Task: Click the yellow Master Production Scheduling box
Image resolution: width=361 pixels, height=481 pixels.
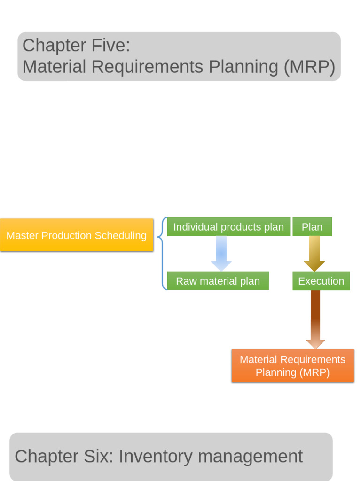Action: (x=77, y=235)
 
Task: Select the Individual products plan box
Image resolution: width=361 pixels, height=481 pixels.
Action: (x=228, y=227)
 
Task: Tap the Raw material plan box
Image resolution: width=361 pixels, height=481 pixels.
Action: (x=218, y=281)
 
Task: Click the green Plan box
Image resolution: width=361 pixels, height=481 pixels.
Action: (x=312, y=227)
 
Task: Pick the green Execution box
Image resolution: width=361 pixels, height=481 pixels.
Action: (x=321, y=281)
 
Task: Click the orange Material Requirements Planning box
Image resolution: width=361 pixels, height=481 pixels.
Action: (x=292, y=366)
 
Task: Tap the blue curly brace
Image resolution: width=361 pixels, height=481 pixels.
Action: (x=162, y=254)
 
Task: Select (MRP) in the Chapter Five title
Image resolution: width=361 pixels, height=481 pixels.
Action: (x=309, y=67)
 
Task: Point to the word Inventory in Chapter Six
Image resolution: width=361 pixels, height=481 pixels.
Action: (x=156, y=457)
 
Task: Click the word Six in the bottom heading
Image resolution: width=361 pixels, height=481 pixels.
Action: (x=98, y=457)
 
